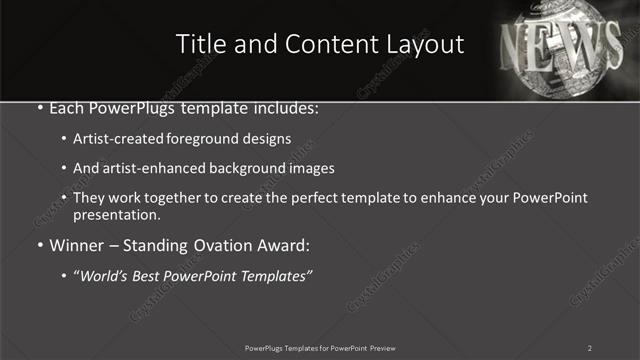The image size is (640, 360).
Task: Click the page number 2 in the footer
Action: tap(590, 347)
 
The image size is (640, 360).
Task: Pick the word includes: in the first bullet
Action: tap(283, 105)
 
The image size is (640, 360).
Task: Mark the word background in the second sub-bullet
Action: tap(256, 169)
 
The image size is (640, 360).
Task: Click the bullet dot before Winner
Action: tap(39, 245)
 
